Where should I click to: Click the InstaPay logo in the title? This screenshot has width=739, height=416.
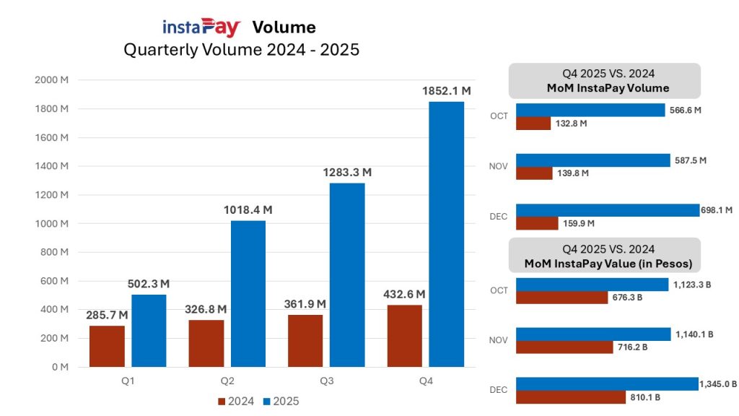pos(201,27)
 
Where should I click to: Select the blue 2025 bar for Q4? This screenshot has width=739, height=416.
pos(446,234)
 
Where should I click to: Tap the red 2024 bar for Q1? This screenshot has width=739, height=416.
pos(107,346)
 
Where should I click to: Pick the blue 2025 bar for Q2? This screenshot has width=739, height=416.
pos(248,293)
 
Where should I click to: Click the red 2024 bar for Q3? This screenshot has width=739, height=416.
pos(305,341)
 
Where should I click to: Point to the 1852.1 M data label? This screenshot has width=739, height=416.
pos(446,91)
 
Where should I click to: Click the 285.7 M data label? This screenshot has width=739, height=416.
pos(107,316)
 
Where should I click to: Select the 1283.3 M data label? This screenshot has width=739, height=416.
pos(347,173)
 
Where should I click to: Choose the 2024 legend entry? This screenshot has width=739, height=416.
pos(236,401)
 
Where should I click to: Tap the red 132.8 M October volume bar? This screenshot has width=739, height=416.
pos(533,123)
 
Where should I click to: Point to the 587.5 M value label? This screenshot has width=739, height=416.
pos(691,160)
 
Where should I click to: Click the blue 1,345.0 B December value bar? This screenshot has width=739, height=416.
pos(606,383)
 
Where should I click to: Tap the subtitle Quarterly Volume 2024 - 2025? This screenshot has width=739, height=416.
pos(241,50)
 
